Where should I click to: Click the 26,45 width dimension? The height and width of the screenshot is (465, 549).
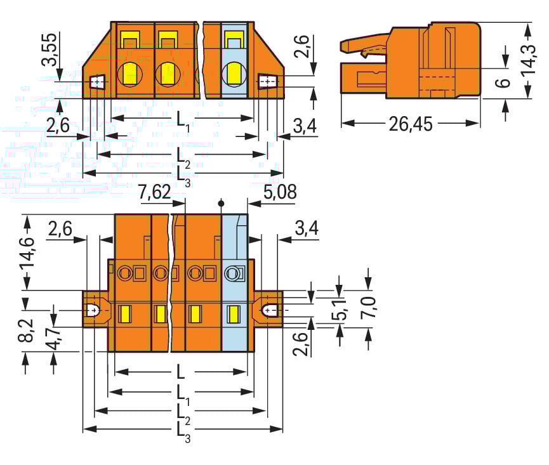pos(410,124)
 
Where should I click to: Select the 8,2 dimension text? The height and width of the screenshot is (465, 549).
pos(26,330)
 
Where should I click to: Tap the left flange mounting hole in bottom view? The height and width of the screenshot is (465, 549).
pos(93,311)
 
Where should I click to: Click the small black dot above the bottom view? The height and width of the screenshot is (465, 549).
pos(221,204)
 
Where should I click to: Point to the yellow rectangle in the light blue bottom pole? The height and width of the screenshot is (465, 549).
pos(233,313)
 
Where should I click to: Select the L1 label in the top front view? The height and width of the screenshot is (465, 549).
pos(183,120)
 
